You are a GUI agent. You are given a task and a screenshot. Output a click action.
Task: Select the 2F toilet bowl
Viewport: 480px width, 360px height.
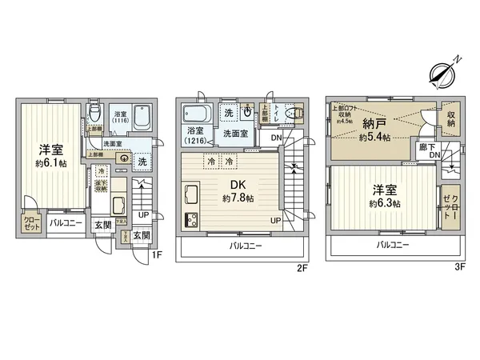click(x=299, y=114)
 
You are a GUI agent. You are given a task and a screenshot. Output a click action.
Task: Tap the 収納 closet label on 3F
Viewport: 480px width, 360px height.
click(x=451, y=119)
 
